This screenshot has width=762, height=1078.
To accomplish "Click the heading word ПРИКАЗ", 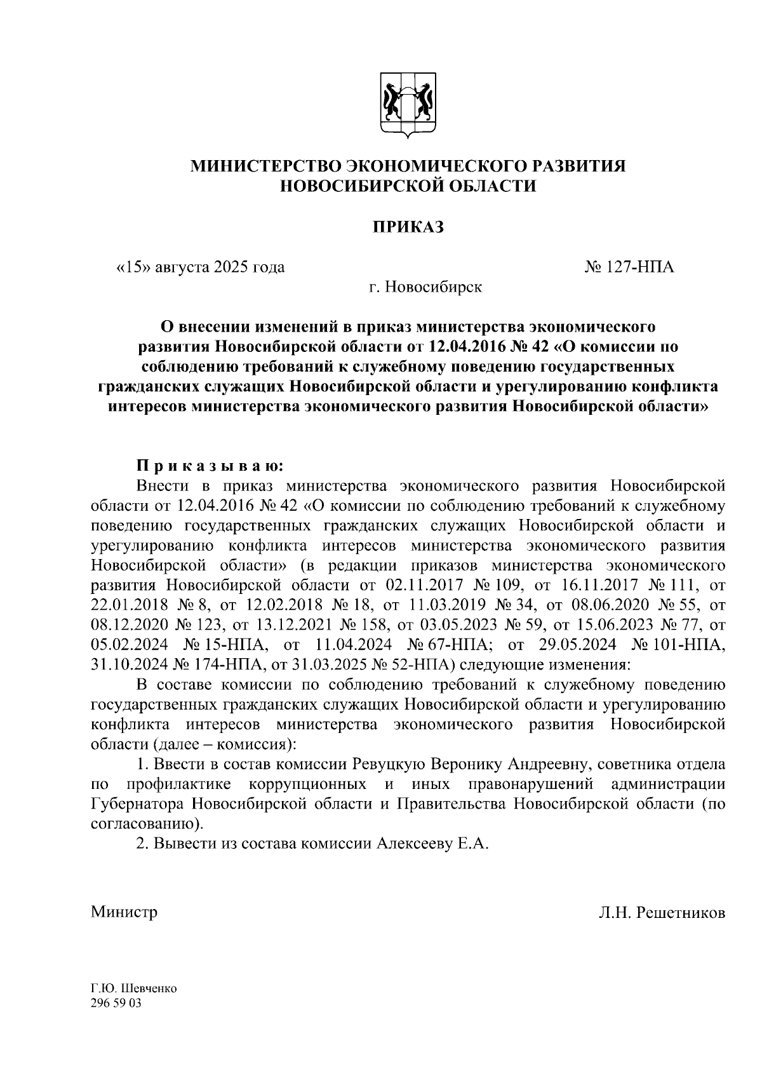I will tap(408, 227).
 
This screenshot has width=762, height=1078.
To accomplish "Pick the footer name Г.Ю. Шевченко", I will tap(133, 990).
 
